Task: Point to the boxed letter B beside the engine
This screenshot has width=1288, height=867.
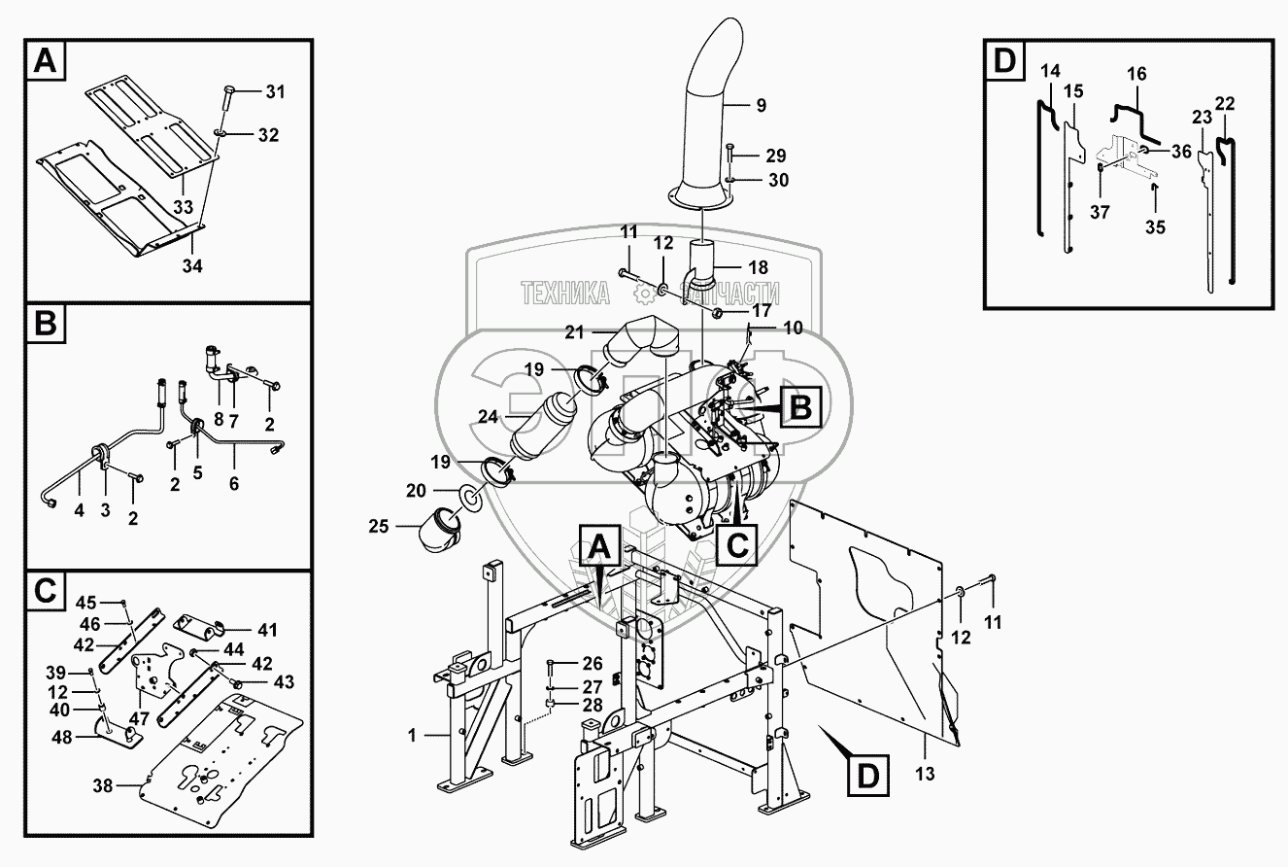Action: click(x=798, y=408)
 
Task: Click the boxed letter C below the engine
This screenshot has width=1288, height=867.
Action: click(x=737, y=544)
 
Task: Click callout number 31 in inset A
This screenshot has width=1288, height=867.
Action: click(x=275, y=92)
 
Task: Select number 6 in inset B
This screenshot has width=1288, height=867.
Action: click(x=234, y=481)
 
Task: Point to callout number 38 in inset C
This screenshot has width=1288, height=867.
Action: click(x=103, y=785)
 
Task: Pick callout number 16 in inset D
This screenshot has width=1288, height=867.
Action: click(x=1136, y=74)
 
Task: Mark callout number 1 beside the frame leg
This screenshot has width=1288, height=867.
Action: click(x=412, y=736)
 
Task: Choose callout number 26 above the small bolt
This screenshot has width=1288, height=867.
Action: click(x=593, y=664)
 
